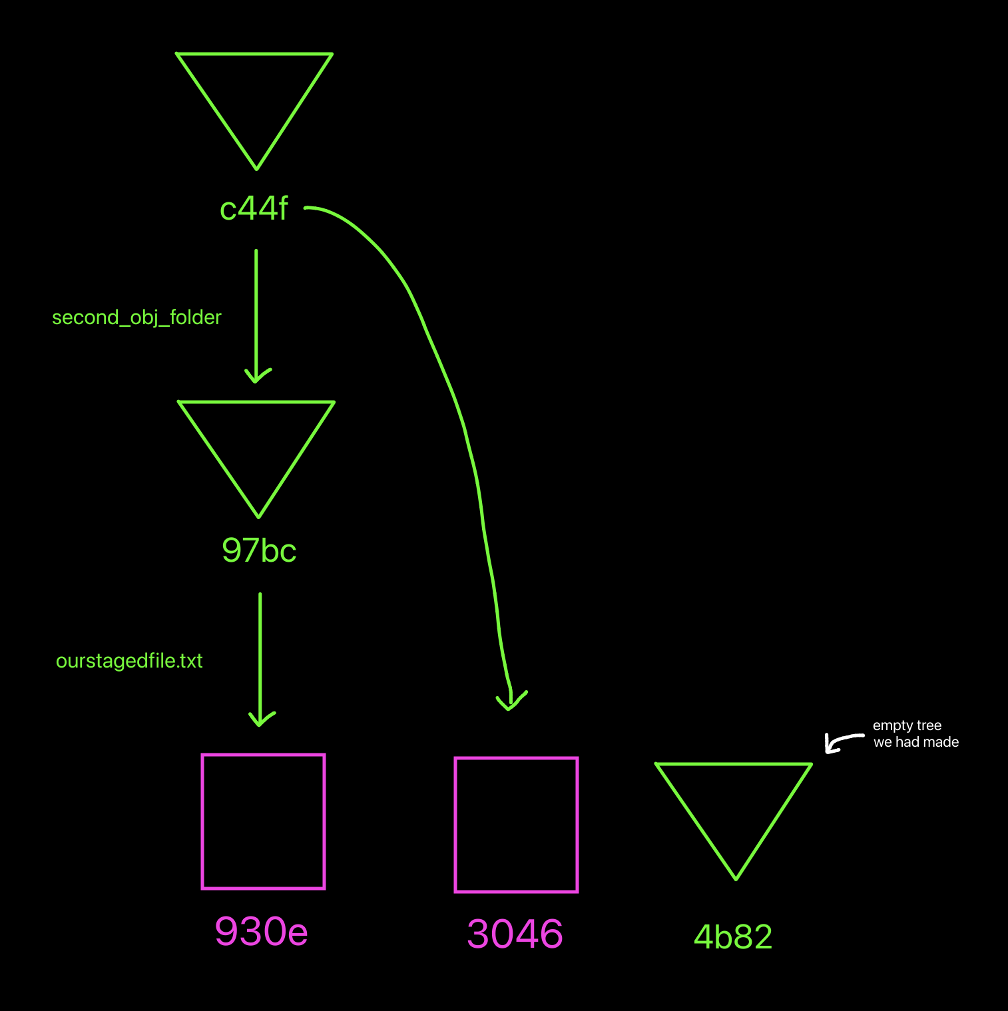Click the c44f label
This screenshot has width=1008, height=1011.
(254, 209)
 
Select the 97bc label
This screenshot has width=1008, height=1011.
(259, 551)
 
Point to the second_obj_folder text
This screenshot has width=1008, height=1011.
(136, 317)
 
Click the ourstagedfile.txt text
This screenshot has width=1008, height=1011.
(129, 661)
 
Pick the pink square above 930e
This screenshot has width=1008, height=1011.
(263, 821)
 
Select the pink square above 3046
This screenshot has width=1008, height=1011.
(516, 825)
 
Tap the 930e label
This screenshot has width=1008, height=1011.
(261, 931)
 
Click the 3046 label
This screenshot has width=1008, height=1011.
(515, 934)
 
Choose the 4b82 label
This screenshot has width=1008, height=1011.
(733, 937)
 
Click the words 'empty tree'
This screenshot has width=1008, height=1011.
(907, 725)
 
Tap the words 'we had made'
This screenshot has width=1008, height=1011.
(916, 742)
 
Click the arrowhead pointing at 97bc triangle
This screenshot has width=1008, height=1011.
(257, 377)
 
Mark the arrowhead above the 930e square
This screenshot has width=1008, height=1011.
(261, 720)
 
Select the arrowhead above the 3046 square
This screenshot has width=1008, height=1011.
(511, 702)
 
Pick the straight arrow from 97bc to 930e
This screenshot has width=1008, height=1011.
(260, 652)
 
